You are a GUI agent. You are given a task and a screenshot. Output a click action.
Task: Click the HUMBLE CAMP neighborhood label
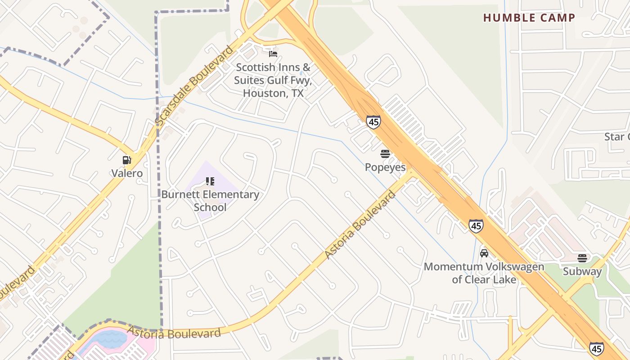[529, 18]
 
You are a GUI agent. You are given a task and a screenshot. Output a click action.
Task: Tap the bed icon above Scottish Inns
[273, 54]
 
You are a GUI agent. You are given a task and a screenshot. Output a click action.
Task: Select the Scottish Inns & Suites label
[273, 80]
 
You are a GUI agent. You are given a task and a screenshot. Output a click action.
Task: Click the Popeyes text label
[385, 167]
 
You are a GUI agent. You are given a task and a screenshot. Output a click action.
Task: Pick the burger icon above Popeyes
[385, 154]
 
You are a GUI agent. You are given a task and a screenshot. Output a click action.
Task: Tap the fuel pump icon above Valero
[127, 160]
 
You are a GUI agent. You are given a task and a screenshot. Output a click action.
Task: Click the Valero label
[127, 173]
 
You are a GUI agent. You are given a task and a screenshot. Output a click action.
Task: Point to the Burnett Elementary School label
[210, 201]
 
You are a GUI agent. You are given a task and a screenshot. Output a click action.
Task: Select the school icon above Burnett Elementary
[210, 181]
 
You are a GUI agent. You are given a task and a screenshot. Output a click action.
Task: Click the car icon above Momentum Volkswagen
[484, 253]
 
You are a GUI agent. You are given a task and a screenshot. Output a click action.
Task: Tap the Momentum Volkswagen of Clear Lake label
[484, 273]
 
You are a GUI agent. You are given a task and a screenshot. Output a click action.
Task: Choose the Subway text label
[582, 271]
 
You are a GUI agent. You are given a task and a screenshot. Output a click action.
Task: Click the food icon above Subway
[582, 258]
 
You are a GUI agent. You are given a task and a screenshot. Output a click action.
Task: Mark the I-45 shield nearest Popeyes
[373, 121]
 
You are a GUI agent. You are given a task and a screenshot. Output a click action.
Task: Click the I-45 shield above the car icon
[476, 225]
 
